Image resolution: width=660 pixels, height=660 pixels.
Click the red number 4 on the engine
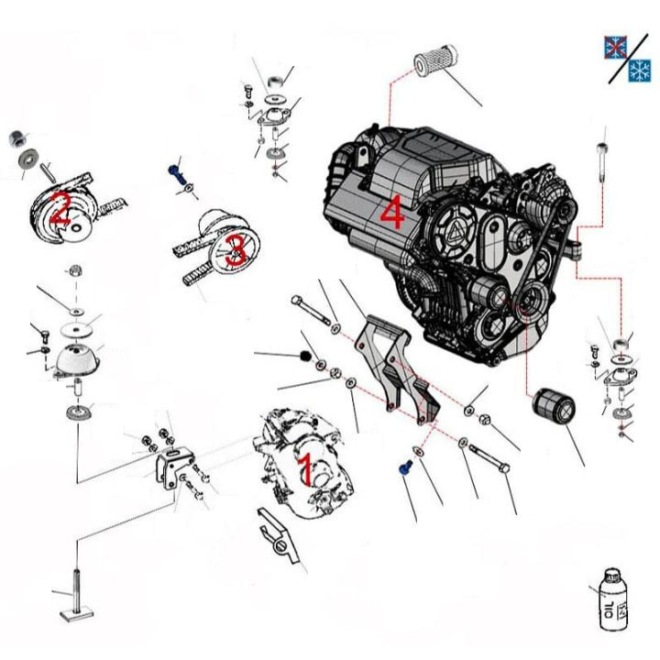(391, 214)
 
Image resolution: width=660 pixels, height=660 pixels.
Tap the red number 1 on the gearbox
(306, 469)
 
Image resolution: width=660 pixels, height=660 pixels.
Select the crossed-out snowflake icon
(613, 47)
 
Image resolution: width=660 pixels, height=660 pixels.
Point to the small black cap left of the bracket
(306, 355)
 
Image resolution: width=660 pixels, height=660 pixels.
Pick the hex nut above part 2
(16, 139)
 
